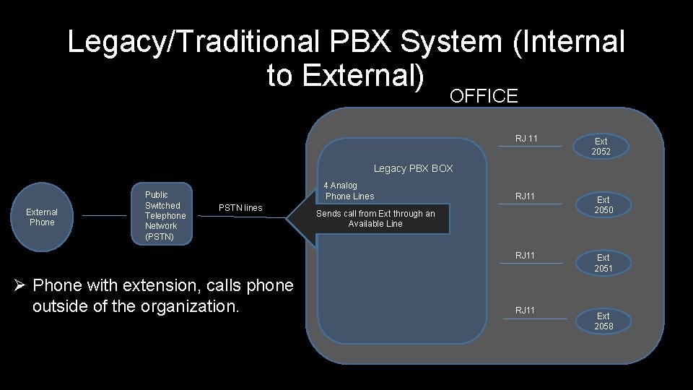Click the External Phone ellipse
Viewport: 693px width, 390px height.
pyautogui.click(x=42, y=217)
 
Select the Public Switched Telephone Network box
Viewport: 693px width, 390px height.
pyautogui.click(x=163, y=215)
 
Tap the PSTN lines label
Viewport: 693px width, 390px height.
pyautogui.click(x=240, y=208)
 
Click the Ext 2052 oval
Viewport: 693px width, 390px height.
pyautogui.click(x=601, y=147)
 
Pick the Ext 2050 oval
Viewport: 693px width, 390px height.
pyautogui.click(x=603, y=204)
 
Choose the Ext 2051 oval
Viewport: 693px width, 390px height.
pyautogui.click(x=603, y=263)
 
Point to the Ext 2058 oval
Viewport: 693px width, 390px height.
pyautogui.click(x=603, y=321)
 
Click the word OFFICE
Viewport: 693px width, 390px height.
pyautogui.click(x=484, y=96)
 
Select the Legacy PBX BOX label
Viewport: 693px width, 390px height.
pyautogui.click(x=413, y=168)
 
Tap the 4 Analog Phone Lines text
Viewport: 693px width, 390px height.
pyautogui.click(x=349, y=191)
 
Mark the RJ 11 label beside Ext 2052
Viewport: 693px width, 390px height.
pyautogui.click(x=526, y=138)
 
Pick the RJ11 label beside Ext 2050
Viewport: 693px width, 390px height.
pyautogui.click(x=525, y=196)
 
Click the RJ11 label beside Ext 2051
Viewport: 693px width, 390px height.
pyautogui.click(x=525, y=255)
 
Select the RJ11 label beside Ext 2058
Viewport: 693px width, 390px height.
pyautogui.click(x=525, y=310)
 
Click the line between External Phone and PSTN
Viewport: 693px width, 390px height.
pyautogui.click(x=104, y=215)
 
